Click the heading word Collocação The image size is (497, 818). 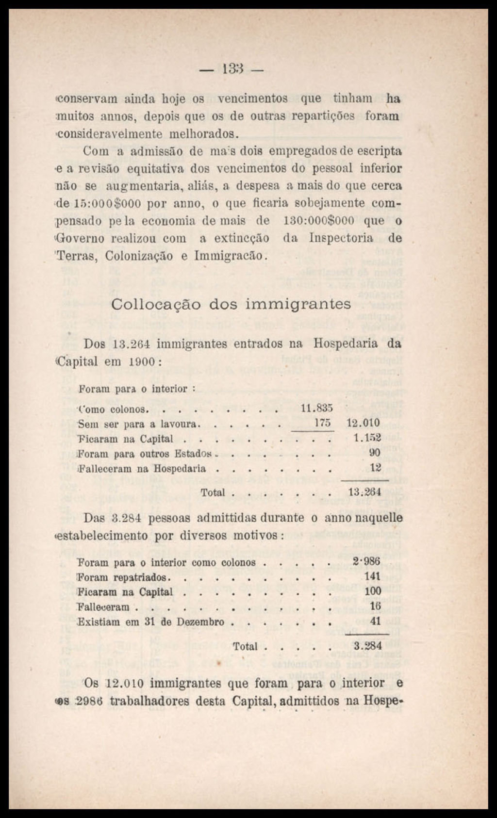[155, 305]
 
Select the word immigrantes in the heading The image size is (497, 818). [298, 304]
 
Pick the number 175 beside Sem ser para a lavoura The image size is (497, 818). [323, 423]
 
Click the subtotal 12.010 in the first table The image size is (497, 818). [363, 423]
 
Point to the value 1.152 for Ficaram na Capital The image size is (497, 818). [367, 438]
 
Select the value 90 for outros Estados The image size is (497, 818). [375, 453]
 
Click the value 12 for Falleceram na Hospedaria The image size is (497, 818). [375, 468]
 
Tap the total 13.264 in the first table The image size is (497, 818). [364, 492]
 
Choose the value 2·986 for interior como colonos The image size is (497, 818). [366, 562]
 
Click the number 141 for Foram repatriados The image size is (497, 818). [372, 576]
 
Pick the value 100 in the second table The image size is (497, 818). [372, 591]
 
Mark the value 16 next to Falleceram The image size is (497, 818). [375, 606]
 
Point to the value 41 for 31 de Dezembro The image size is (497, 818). [375, 621]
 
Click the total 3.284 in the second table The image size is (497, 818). [368, 646]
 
